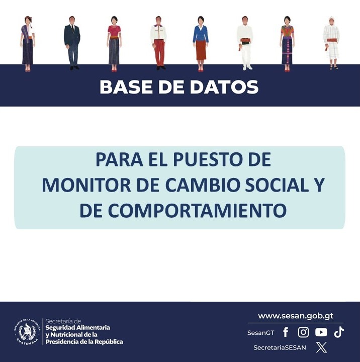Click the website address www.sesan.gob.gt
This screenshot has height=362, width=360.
(x=296, y=316)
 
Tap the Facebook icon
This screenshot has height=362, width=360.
(x=286, y=332)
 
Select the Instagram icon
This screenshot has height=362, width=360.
(x=303, y=332)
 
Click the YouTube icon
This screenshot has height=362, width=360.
(x=321, y=332)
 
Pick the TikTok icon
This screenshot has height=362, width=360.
(x=339, y=332)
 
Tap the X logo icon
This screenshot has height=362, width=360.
(x=321, y=347)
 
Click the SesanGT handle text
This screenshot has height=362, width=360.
(x=260, y=333)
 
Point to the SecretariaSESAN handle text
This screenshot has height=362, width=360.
(x=280, y=347)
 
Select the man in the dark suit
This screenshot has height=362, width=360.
(x=72, y=43)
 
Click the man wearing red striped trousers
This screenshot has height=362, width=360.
(x=159, y=43)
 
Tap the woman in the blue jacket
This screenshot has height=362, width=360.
(x=201, y=43)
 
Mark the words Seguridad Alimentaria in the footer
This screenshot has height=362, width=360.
(x=77, y=328)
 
